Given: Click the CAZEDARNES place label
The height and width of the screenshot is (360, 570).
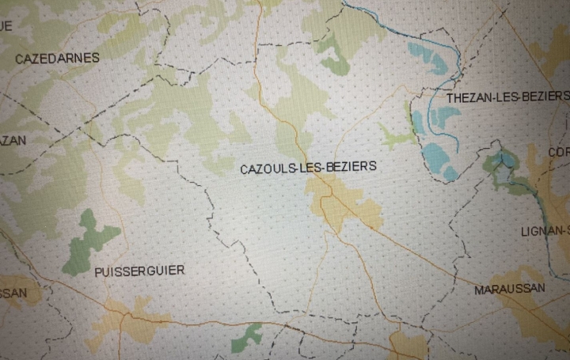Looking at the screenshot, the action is click(x=57, y=58).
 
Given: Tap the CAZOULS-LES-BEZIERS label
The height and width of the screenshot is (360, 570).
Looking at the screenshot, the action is click(x=309, y=168).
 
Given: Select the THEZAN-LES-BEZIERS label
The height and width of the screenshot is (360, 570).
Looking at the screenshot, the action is click(x=507, y=97).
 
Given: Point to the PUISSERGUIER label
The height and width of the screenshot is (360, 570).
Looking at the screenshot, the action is click(x=139, y=271).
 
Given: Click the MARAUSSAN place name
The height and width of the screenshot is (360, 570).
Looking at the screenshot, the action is click(x=509, y=290).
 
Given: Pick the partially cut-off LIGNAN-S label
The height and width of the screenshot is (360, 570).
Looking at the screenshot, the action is click(x=545, y=231).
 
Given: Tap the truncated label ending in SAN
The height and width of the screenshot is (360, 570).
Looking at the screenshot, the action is click(x=13, y=293).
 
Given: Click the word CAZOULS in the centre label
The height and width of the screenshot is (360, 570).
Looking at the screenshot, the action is click(x=264, y=168).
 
